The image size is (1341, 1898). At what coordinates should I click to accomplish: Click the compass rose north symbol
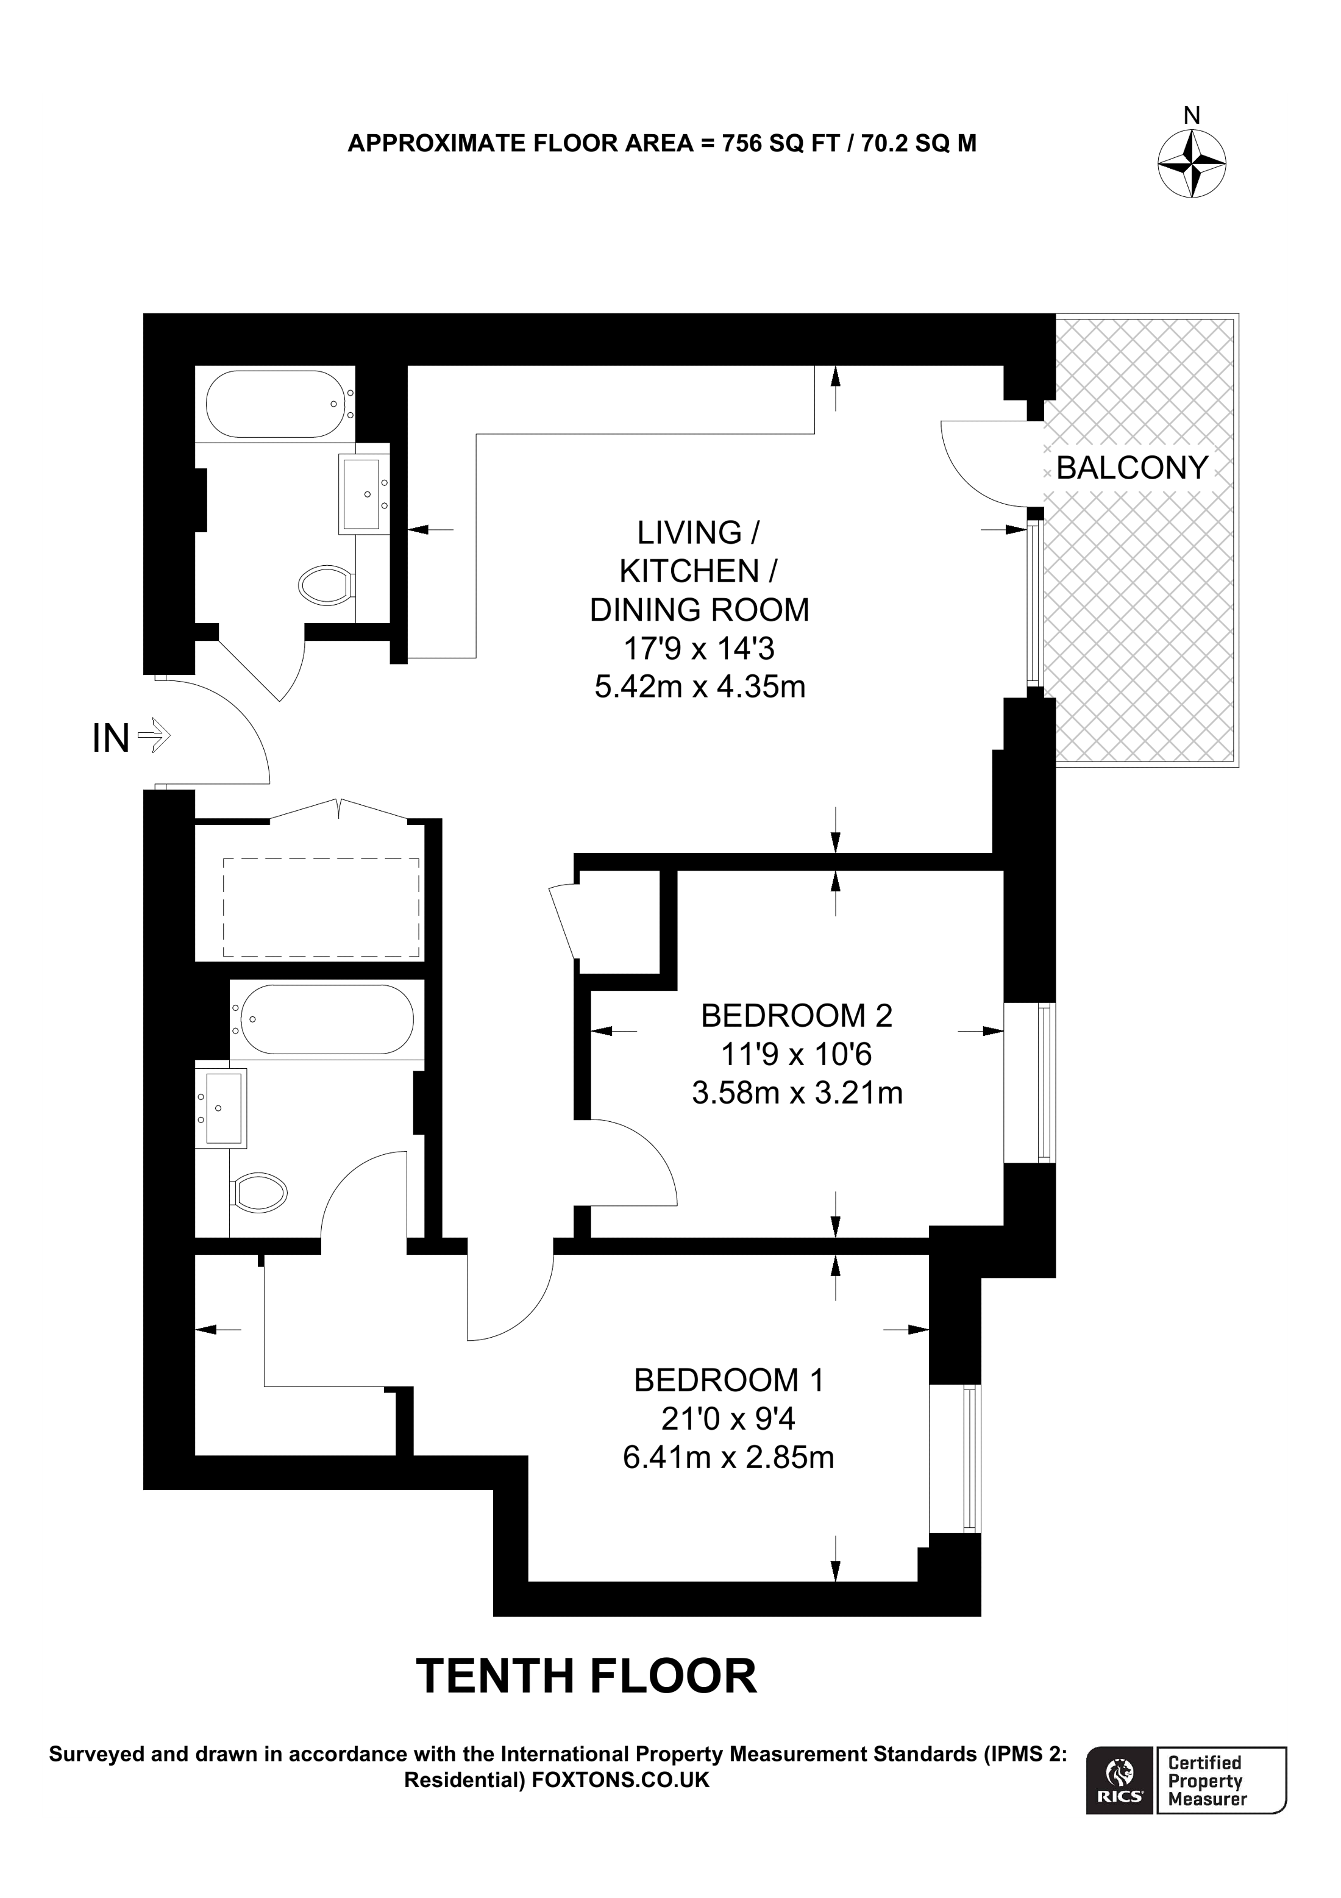pos(1192,163)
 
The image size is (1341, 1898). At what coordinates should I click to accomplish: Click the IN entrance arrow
pos(154,734)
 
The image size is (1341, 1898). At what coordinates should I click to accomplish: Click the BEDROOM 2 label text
pos(797,1015)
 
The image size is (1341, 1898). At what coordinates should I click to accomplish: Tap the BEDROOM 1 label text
pos(729,1380)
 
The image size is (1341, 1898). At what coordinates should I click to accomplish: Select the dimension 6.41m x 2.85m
pos(729,1457)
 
